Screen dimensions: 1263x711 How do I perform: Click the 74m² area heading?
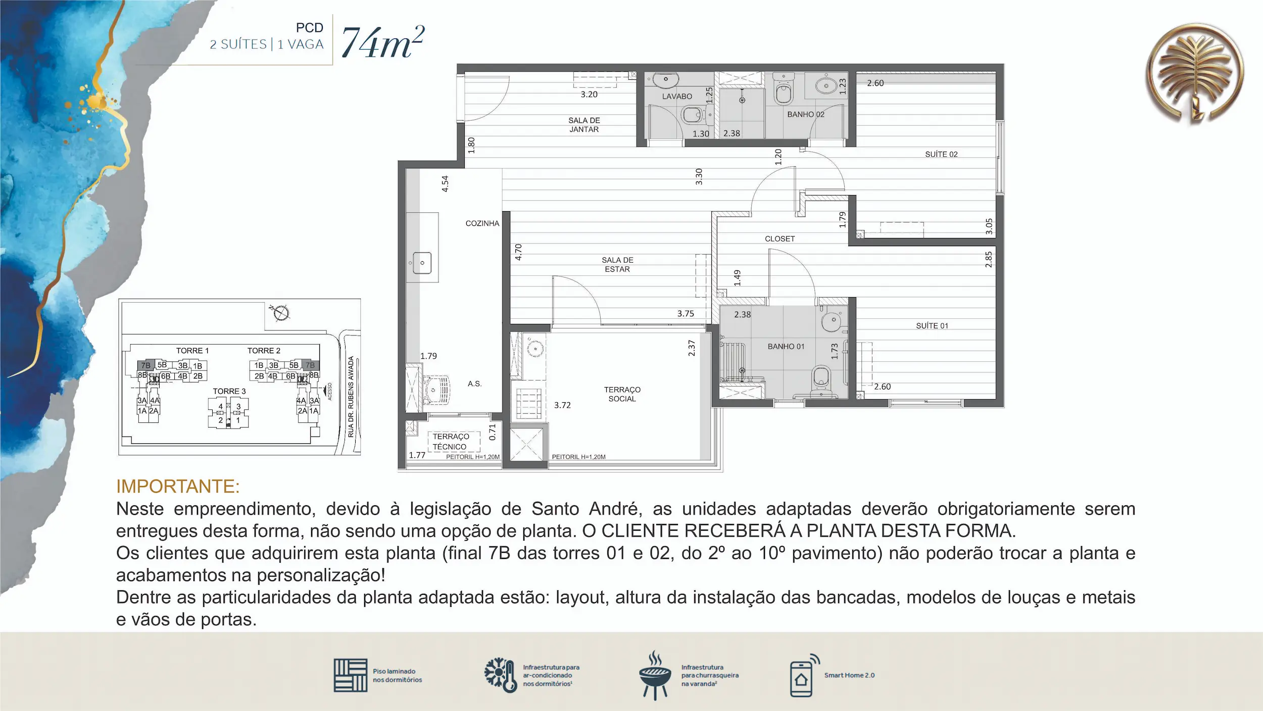[x=383, y=42]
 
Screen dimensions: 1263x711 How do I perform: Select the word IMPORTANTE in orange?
[x=178, y=486]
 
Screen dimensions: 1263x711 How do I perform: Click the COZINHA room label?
[x=482, y=223]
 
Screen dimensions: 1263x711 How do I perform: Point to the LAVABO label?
[x=677, y=97]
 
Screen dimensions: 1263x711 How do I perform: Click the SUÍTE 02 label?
[x=941, y=154]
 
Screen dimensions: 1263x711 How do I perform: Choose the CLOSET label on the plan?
[x=780, y=239]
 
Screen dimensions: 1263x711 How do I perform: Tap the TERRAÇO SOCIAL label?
[x=622, y=394]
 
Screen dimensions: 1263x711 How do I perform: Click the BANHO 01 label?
[x=786, y=347]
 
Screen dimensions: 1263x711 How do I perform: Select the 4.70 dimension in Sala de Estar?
[x=518, y=252]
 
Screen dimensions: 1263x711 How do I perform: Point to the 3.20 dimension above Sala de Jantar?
[x=589, y=94]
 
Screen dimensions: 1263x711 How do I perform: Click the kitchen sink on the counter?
[x=422, y=263]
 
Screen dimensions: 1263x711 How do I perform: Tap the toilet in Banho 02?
[x=784, y=91]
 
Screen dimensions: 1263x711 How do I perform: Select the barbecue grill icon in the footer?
[x=655, y=675]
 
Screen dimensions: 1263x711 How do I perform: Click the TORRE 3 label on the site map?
[x=229, y=392]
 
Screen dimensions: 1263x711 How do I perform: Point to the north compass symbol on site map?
[x=280, y=313]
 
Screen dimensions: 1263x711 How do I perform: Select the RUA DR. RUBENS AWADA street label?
[x=351, y=397]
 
